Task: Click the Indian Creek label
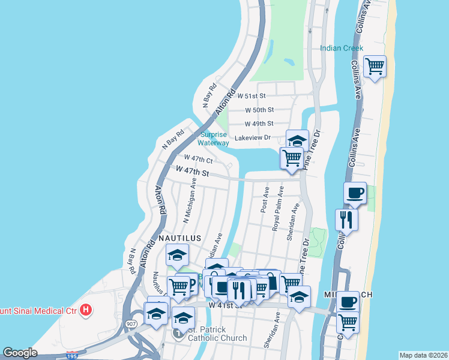click(x=342, y=48)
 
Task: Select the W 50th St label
click(x=259, y=110)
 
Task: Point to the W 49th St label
click(x=259, y=124)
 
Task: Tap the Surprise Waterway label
click(x=214, y=139)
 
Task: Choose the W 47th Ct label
click(x=198, y=159)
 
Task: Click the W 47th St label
click(x=192, y=172)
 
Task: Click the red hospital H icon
click(x=87, y=310)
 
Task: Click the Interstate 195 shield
click(x=72, y=355)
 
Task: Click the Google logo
click(x=20, y=353)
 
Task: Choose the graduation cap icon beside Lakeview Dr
click(x=297, y=141)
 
